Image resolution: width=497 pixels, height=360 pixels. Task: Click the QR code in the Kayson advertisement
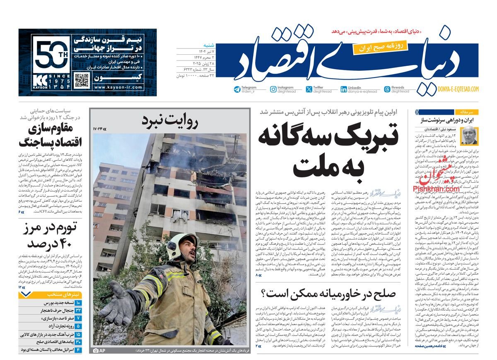(x=82, y=81)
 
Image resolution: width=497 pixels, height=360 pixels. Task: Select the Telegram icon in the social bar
(x=237, y=89)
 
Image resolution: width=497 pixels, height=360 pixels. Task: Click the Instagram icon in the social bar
(x=273, y=89)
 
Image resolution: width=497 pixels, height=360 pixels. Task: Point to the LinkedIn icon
(x=344, y=89)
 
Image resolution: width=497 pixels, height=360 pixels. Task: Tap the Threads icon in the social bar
(x=387, y=89)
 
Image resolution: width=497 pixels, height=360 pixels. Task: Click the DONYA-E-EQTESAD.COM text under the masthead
(x=458, y=89)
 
